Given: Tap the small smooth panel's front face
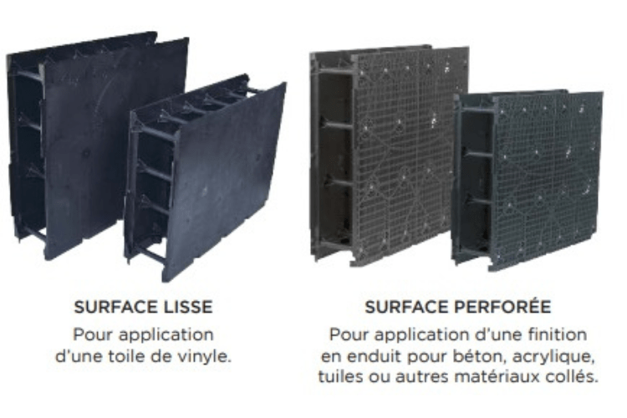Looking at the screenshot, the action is click(x=226, y=180).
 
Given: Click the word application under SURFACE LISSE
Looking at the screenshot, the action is click(x=172, y=335).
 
